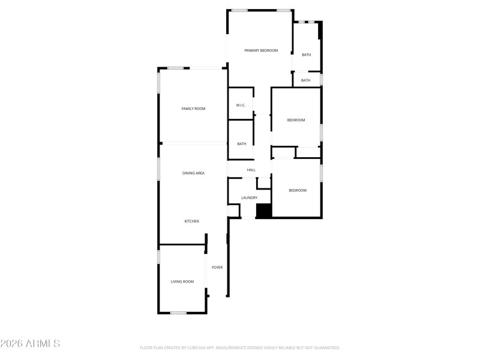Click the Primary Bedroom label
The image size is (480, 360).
(x=261, y=50)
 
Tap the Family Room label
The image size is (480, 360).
(x=193, y=109)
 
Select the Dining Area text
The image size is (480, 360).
(x=193, y=173)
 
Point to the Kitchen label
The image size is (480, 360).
(x=191, y=221)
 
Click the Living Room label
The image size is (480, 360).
(x=182, y=281)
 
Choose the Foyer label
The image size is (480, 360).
(x=217, y=268)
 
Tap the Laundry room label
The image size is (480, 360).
(x=249, y=198)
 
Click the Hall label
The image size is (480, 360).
(x=251, y=170)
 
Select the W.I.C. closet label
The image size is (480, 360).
(x=241, y=106)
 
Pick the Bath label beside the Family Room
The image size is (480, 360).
(x=242, y=144)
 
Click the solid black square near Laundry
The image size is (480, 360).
(x=264, y=211)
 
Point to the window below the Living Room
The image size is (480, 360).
(x=178, y=313)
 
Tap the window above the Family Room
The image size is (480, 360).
(x=175, y=68)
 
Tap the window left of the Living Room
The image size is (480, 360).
(x=158, y=257)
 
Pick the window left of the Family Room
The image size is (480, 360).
(x=158, y=83)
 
